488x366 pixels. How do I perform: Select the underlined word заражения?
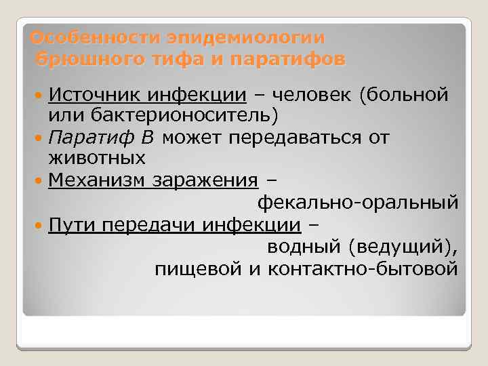(205, 181)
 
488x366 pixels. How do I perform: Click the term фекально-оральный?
(357, 203)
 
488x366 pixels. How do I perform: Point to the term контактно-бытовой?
(363, 269)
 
